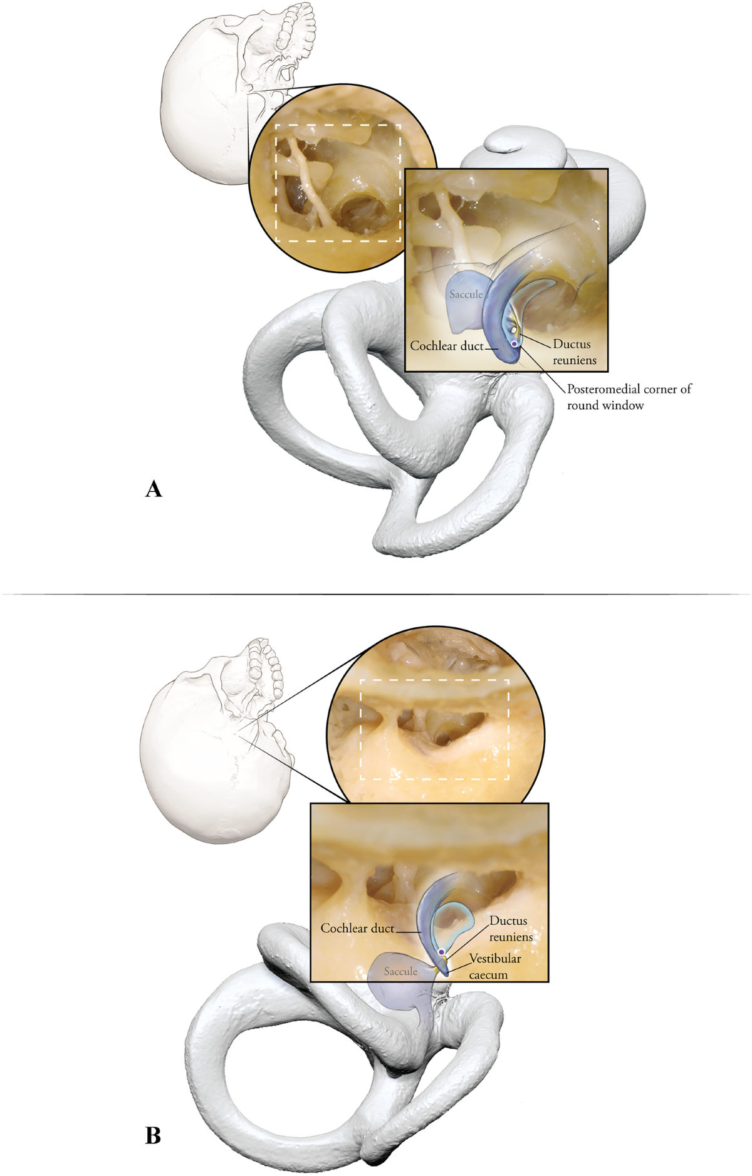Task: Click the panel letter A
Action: (154, 489)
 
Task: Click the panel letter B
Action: (153, 1135)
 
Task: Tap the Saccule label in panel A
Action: (466, 294)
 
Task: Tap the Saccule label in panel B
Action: (400, 971)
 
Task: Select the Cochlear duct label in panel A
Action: (447, 345)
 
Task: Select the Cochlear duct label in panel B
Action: (357, 928)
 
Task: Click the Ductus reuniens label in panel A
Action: (573, 352)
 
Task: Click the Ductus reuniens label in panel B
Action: (510, 929)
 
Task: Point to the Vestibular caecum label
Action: (494, 966)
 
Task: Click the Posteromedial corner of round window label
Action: (628, 397)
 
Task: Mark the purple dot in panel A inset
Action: (514, 344)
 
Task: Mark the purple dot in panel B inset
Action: (441, 952)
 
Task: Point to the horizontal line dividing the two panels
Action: (376, 593)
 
